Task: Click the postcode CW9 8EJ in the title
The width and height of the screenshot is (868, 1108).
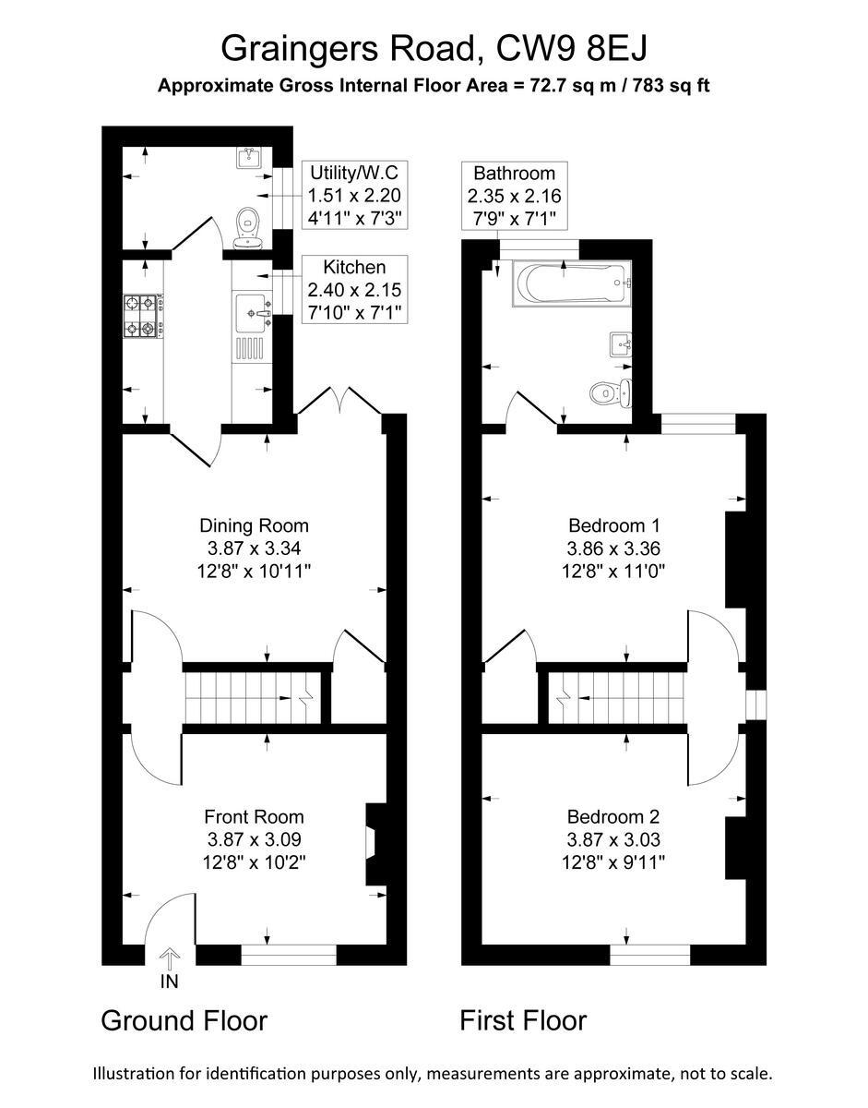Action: point(572,50)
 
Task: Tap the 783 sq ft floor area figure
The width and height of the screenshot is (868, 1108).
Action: point(671,86)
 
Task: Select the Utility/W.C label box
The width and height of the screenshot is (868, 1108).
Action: point(354,196)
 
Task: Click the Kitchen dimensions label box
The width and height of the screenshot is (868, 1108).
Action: point(354,290)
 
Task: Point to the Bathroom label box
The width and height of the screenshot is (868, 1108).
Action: point(514,196)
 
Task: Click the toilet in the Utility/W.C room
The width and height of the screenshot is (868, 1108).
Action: point(248,227)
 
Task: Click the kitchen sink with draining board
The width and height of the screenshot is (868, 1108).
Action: point(252,328)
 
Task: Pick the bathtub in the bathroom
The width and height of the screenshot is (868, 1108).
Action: point(572,283)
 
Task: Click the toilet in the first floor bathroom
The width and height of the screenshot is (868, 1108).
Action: point(611,393)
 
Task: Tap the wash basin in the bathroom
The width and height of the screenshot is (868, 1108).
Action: point(621,345)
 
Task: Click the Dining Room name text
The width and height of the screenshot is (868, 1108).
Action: point(254,525)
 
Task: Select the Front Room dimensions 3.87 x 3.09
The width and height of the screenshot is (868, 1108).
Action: point(255,839)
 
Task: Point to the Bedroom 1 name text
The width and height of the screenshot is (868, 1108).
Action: point(613,525)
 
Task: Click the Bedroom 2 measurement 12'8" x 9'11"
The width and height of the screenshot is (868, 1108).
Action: point(613,862)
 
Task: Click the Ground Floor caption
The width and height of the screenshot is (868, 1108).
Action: point(184,1020)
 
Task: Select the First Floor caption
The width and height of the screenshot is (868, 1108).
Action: point(523,1020)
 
